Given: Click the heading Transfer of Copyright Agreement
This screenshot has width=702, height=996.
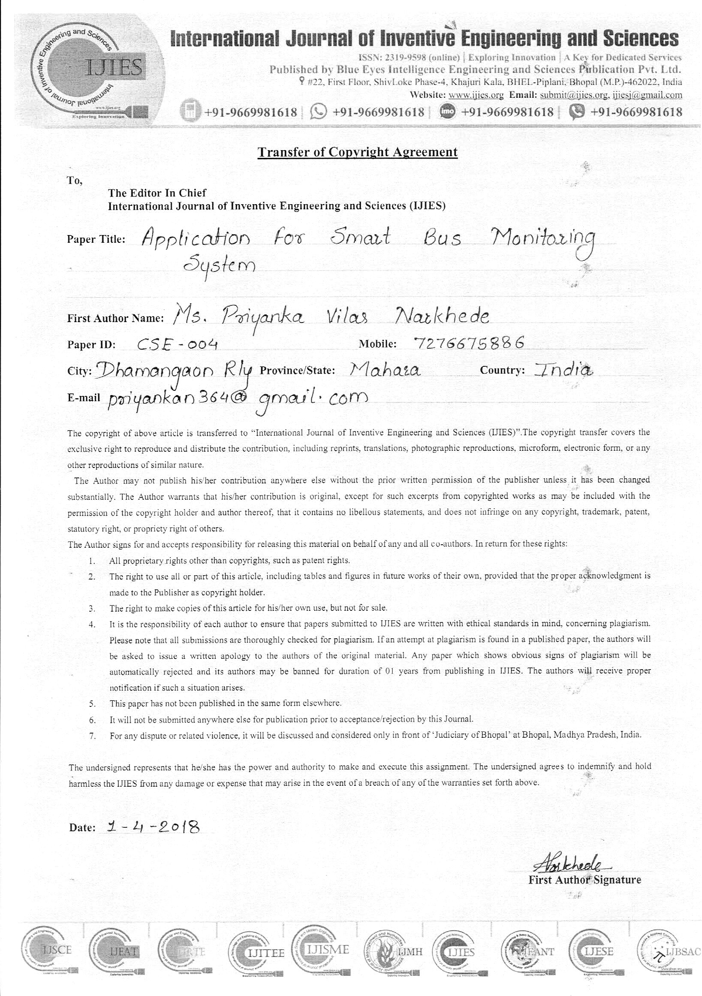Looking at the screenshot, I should click(357, 152).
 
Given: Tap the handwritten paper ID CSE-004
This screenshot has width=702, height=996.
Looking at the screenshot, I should click(177, 344).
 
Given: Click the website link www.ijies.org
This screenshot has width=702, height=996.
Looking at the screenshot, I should click(476, 95).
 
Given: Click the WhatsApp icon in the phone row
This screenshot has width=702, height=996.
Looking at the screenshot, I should click(318, 112).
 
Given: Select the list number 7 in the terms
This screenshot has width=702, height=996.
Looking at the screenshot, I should click(92, 736).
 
